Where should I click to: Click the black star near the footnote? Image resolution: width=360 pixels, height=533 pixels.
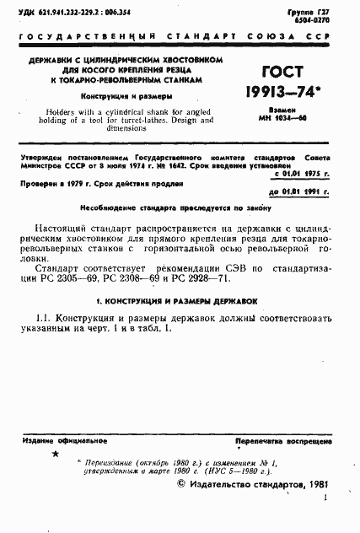(x=56, y=455)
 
